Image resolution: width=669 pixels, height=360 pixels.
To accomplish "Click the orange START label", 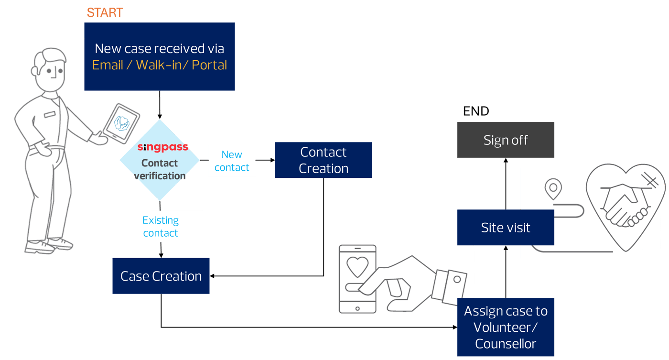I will (105, 12).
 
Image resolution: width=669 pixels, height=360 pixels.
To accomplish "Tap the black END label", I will (476, 111).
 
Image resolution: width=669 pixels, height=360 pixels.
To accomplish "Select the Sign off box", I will (506, 140).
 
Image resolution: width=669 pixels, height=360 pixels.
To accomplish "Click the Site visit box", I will (506, 228).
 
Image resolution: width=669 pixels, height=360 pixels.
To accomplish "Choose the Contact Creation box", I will (323, 160).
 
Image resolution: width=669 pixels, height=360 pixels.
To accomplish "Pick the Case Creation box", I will (161, 276).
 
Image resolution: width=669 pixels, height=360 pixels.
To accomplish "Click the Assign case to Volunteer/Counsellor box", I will (506, 327).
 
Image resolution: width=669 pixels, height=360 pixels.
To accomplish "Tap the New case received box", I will (160, 56).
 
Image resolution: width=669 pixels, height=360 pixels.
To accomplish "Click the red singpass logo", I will (163, 147).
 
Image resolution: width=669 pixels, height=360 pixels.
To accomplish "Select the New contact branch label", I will (232, 161).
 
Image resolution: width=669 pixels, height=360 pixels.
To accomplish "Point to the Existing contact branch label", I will (161, 227).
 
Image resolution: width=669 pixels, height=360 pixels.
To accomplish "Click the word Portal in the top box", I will (209, 65).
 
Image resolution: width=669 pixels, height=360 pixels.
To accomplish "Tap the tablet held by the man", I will (121, 122).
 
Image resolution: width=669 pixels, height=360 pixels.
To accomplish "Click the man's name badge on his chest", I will (50, 114).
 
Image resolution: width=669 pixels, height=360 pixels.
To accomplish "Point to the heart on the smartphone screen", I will (357, 266).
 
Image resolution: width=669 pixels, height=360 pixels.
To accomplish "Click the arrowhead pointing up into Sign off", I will (506, 161).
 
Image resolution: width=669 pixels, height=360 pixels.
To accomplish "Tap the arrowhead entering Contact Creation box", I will (272, 160).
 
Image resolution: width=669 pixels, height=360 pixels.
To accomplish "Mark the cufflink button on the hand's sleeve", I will (457, 279).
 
